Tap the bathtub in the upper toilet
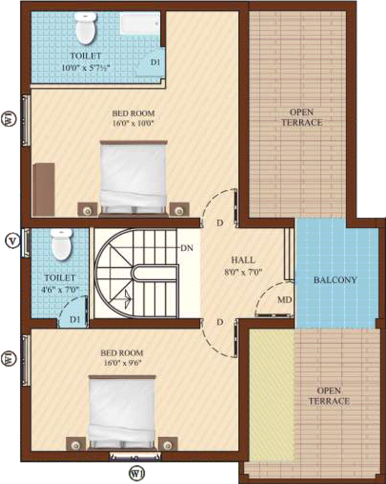140,23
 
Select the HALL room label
243,260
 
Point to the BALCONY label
335,280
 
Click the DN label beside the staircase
187,248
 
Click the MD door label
285,300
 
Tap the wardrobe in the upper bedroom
44,189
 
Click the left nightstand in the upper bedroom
88,209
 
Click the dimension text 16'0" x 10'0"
133,123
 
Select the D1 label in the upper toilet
155,62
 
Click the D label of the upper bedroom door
220,222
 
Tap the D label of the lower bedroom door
220,322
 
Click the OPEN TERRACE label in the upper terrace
302,118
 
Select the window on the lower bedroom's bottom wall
136,456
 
